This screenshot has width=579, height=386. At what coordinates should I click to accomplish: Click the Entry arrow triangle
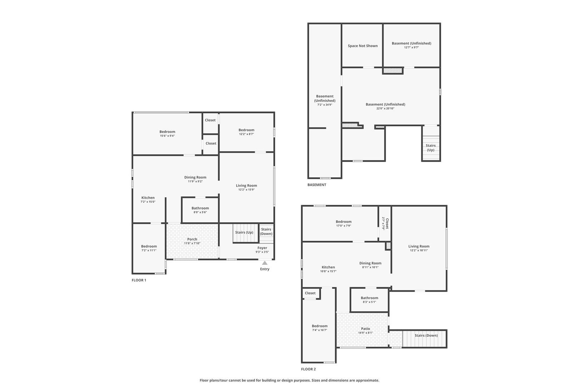pyautogui.click(x=265, y=263)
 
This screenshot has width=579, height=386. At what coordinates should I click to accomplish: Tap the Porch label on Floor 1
pyautogui.click(x=192, y=239)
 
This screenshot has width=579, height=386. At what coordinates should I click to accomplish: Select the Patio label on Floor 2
pyautogui.click(x=366, y=328)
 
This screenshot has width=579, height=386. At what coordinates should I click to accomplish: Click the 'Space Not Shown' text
pyautogui.click(x=363, y=46)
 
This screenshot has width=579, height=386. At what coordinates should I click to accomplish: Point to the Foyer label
pyautogui.click(x=262, y=248)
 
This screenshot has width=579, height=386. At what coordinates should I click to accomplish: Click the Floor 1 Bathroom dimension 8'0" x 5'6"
pyautogui.click(x=200, y=212)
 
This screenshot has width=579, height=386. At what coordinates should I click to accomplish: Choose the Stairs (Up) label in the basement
pyautogui.click(x=431, y=148)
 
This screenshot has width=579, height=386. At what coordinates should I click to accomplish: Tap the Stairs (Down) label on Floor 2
pyautogui.click(x=426, y=335)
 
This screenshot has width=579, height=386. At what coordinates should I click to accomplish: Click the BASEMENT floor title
pyautogui.click(x=317, y=184)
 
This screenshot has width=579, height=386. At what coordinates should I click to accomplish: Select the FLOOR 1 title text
pyautogui.click(x=139, y=280)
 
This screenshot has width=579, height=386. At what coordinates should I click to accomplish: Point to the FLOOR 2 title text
pyautogui.click(x=308, y=369)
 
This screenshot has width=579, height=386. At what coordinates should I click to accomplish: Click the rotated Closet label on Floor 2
pyautogui.click(x=387, y=223)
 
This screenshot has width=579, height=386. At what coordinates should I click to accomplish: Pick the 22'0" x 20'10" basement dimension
pyautogui.click(x=385, y=109)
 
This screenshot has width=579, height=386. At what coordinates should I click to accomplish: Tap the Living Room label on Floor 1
pyautogui.click(x=246, y=185)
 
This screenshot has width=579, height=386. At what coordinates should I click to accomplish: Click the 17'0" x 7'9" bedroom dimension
pyautogui.click(x=343, y=226)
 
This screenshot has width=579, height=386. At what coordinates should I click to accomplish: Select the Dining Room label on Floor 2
pyautogui.click(x=370, y=263)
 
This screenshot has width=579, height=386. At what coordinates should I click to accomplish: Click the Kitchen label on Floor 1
pyautogui.click(x=148, y=198)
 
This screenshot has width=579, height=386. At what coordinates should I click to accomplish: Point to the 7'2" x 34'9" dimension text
pyautogui.click(x=325, y=105)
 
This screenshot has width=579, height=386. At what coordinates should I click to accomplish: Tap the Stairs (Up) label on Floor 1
pyautogui.click(x=244, y=232)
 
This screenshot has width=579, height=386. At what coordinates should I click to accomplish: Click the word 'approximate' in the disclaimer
pyautogui.click(x=367, y=380)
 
